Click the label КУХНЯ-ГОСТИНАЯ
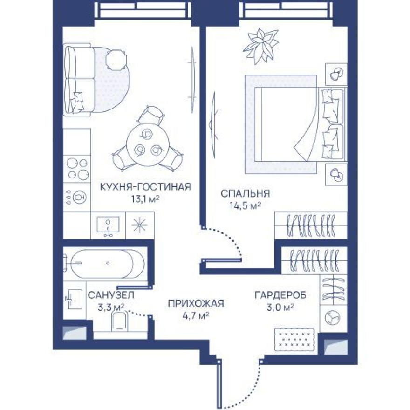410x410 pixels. coord(146,187)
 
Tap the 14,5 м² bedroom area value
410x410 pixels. coord(245,206)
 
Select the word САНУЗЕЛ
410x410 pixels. coord(111,295)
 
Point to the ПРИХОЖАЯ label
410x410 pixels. coord(196,304)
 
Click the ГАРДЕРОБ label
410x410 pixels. coord(280,295)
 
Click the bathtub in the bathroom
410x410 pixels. coord(108,263)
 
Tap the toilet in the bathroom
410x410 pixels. coord(119,321)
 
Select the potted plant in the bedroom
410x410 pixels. coord(261,46)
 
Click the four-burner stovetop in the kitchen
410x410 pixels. coord(77,169)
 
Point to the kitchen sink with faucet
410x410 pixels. coord(108,225)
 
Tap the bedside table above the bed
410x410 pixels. coord(336,74)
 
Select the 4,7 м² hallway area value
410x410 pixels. coord(196,316)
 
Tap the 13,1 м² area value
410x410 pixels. coord(146,199)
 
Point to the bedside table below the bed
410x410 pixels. coord(336,174)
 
